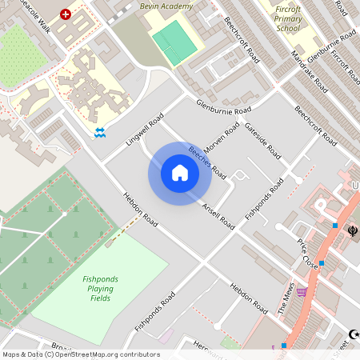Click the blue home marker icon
coord(180,174)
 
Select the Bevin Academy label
coord(166,6)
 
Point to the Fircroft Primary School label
coord(289,19)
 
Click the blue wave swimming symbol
coord(99,132)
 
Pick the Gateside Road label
coord(262,140)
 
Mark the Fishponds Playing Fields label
coord(100,289)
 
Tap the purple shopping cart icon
coord(302,291)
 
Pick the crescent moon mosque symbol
coord(353,334)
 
